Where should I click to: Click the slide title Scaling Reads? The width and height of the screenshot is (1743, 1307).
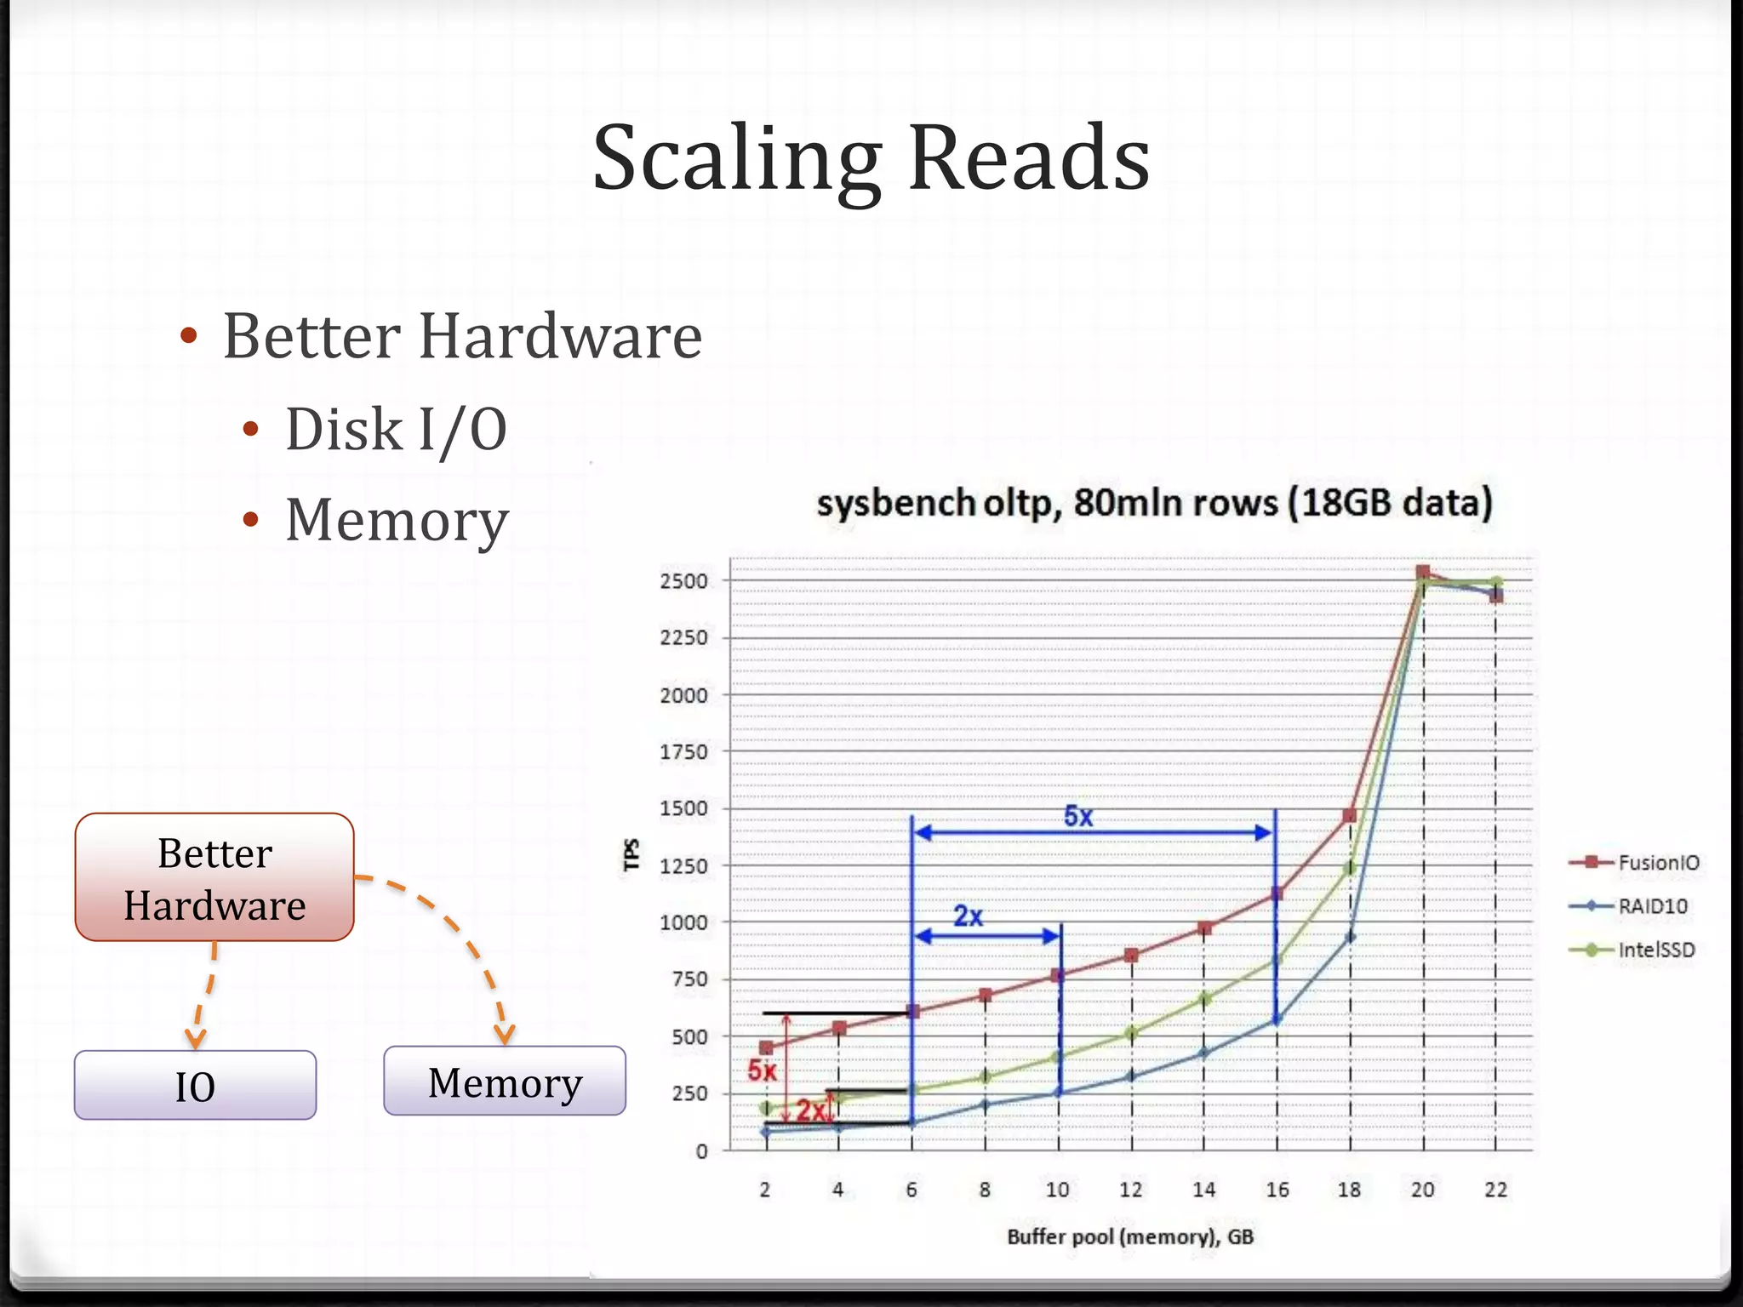(871, 159)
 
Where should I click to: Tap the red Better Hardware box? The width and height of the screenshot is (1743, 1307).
(214, 877)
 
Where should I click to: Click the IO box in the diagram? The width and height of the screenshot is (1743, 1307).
(195, 1086)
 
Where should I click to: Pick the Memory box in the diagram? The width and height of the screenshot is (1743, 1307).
(505, 1082)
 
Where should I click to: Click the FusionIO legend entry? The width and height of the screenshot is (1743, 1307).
(1657, 862)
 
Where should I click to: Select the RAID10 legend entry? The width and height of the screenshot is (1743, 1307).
(1652, 906)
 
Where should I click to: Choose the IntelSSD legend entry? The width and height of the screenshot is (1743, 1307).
(1655, 950)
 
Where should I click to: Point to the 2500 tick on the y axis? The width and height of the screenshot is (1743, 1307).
(683, 581)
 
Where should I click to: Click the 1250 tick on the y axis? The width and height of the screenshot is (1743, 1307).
(683, 866)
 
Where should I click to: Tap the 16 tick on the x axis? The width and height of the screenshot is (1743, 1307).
(1277, 1190)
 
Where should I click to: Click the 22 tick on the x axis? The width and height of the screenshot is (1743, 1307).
(1495, 1190)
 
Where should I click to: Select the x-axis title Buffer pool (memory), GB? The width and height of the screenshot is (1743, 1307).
(1130, 1236)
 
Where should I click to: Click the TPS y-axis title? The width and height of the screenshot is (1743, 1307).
(631, 854)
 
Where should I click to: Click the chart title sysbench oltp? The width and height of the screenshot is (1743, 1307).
(1154, 502)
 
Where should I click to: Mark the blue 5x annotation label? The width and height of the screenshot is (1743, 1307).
(1078, 816)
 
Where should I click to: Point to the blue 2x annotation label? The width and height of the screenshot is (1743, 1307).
(968, 916)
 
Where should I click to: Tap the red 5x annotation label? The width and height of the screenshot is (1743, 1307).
(762, 1070)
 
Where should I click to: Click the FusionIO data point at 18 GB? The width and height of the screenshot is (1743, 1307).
(1349, 816)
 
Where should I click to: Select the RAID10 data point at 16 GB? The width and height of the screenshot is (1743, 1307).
(1276, 1019)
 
